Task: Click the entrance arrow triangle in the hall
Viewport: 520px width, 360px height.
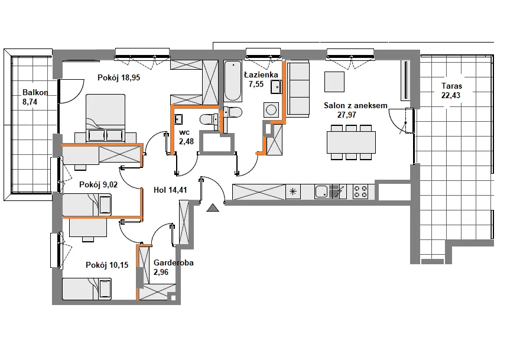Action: [213, 207]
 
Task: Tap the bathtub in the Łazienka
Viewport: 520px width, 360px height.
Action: [232, 80]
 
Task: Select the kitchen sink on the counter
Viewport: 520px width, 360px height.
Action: [321, 192]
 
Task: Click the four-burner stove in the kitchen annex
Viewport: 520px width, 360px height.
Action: [360, 192]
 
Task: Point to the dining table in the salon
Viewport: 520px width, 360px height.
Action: [351, 142]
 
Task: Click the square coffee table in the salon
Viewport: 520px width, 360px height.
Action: [334, 82]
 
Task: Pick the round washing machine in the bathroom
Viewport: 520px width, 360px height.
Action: [271, 109]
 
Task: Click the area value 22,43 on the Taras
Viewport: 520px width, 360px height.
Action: [451, 95]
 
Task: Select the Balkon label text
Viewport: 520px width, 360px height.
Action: [35, 93]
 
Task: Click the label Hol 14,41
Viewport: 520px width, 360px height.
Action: [170, 190]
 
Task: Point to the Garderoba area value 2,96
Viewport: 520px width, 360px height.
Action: [161, 272]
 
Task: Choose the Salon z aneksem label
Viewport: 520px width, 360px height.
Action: [356, 105]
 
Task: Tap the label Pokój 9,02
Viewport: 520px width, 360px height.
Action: [98, 184]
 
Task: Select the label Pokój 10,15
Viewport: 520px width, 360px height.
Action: [107, 265]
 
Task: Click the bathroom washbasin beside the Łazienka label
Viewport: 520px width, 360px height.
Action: [276, 87]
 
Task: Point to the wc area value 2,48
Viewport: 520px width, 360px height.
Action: [186, 141]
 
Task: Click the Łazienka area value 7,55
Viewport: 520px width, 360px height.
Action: [256, 84]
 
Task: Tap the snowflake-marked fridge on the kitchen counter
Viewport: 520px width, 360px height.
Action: [293, 192]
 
